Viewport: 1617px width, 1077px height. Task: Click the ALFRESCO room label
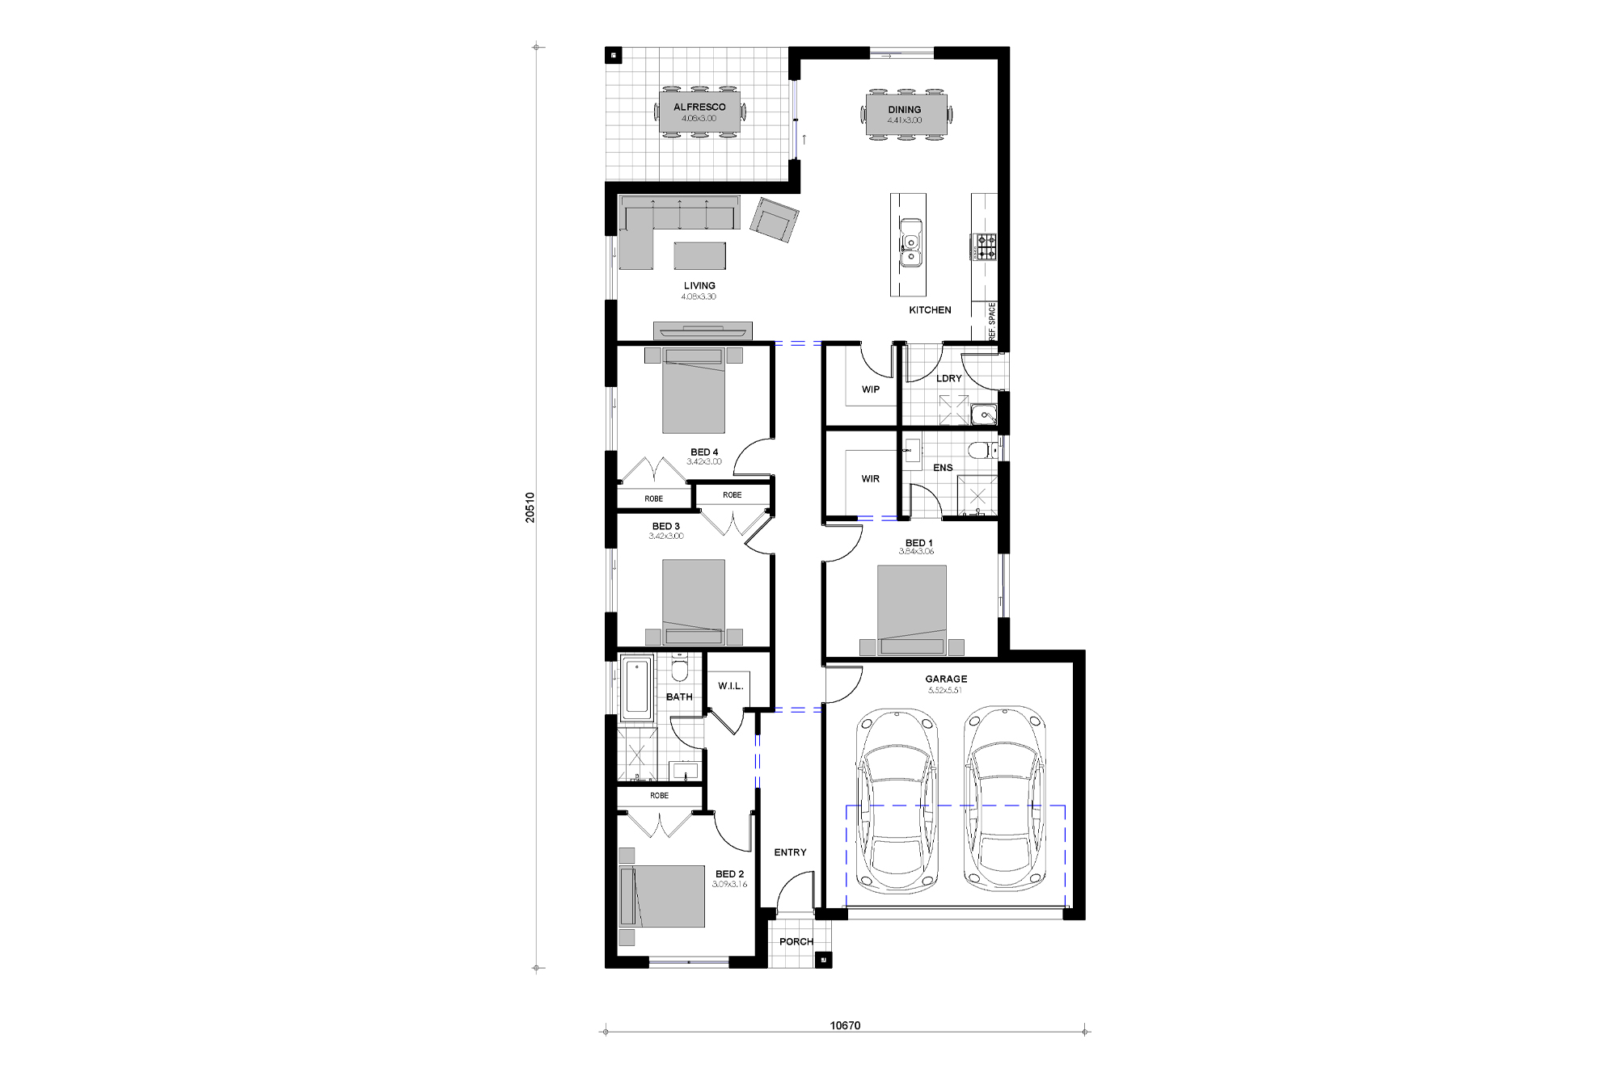tap(699, 107)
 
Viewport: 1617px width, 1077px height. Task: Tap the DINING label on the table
tap(904, 110)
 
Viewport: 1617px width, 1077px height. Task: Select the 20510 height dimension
tap(530, 507)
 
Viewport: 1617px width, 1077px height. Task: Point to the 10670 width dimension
tap(845, 1026)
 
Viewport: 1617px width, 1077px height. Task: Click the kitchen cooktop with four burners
tap(986, 247)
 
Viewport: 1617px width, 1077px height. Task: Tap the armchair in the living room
tap(774, 220)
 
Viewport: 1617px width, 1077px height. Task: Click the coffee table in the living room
tap(700, 255)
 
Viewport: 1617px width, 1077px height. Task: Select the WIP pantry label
tap(871, 389)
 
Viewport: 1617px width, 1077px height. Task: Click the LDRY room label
tap(948, 378)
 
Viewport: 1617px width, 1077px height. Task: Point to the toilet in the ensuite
tap(977, 450)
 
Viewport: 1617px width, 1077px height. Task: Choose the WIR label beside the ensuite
tap(871, 479)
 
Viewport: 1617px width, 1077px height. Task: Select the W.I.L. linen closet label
tap(730, 687)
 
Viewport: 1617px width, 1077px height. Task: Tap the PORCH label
tap(796, 941)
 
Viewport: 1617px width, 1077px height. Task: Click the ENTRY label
tap(790, 852)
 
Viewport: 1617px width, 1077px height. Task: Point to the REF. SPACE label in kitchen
tap(992, 320)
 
